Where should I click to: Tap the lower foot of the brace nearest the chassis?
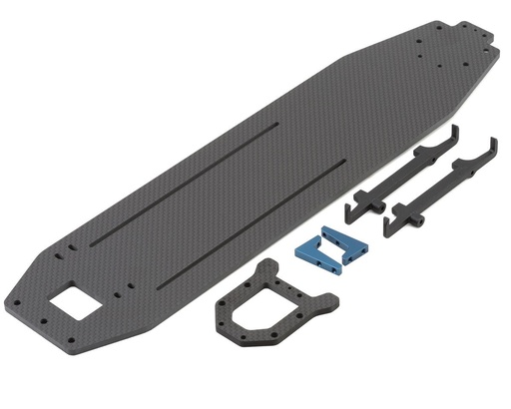pos(352,211)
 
